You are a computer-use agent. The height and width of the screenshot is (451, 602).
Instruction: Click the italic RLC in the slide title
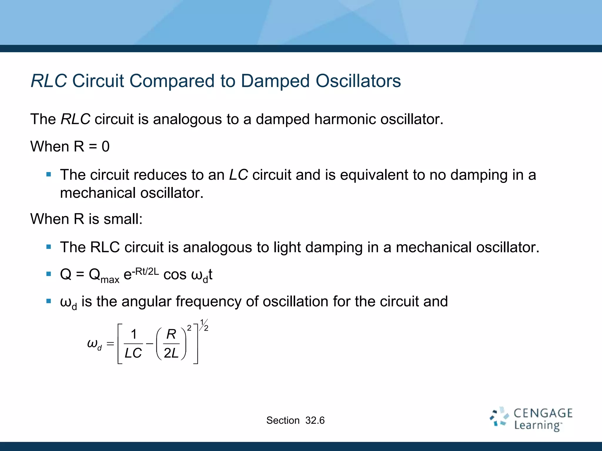(49, 81)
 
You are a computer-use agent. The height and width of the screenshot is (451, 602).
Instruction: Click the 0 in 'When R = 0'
(106, 147)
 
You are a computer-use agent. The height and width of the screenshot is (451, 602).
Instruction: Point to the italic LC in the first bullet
(238, 175)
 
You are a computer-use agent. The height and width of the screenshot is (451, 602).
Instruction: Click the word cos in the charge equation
(175, 275)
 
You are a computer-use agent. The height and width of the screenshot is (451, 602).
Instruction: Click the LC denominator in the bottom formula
(133, 353)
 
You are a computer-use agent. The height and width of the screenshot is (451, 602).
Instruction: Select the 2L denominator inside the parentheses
(171, 353)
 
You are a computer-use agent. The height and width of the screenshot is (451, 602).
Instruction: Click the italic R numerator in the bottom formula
(171, 334)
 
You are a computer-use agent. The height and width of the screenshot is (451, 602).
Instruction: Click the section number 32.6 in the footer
(315, 420)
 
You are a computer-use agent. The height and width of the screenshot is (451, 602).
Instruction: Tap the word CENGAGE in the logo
(543, 413)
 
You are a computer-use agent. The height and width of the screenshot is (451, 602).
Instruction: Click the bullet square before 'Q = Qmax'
(49, 274)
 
